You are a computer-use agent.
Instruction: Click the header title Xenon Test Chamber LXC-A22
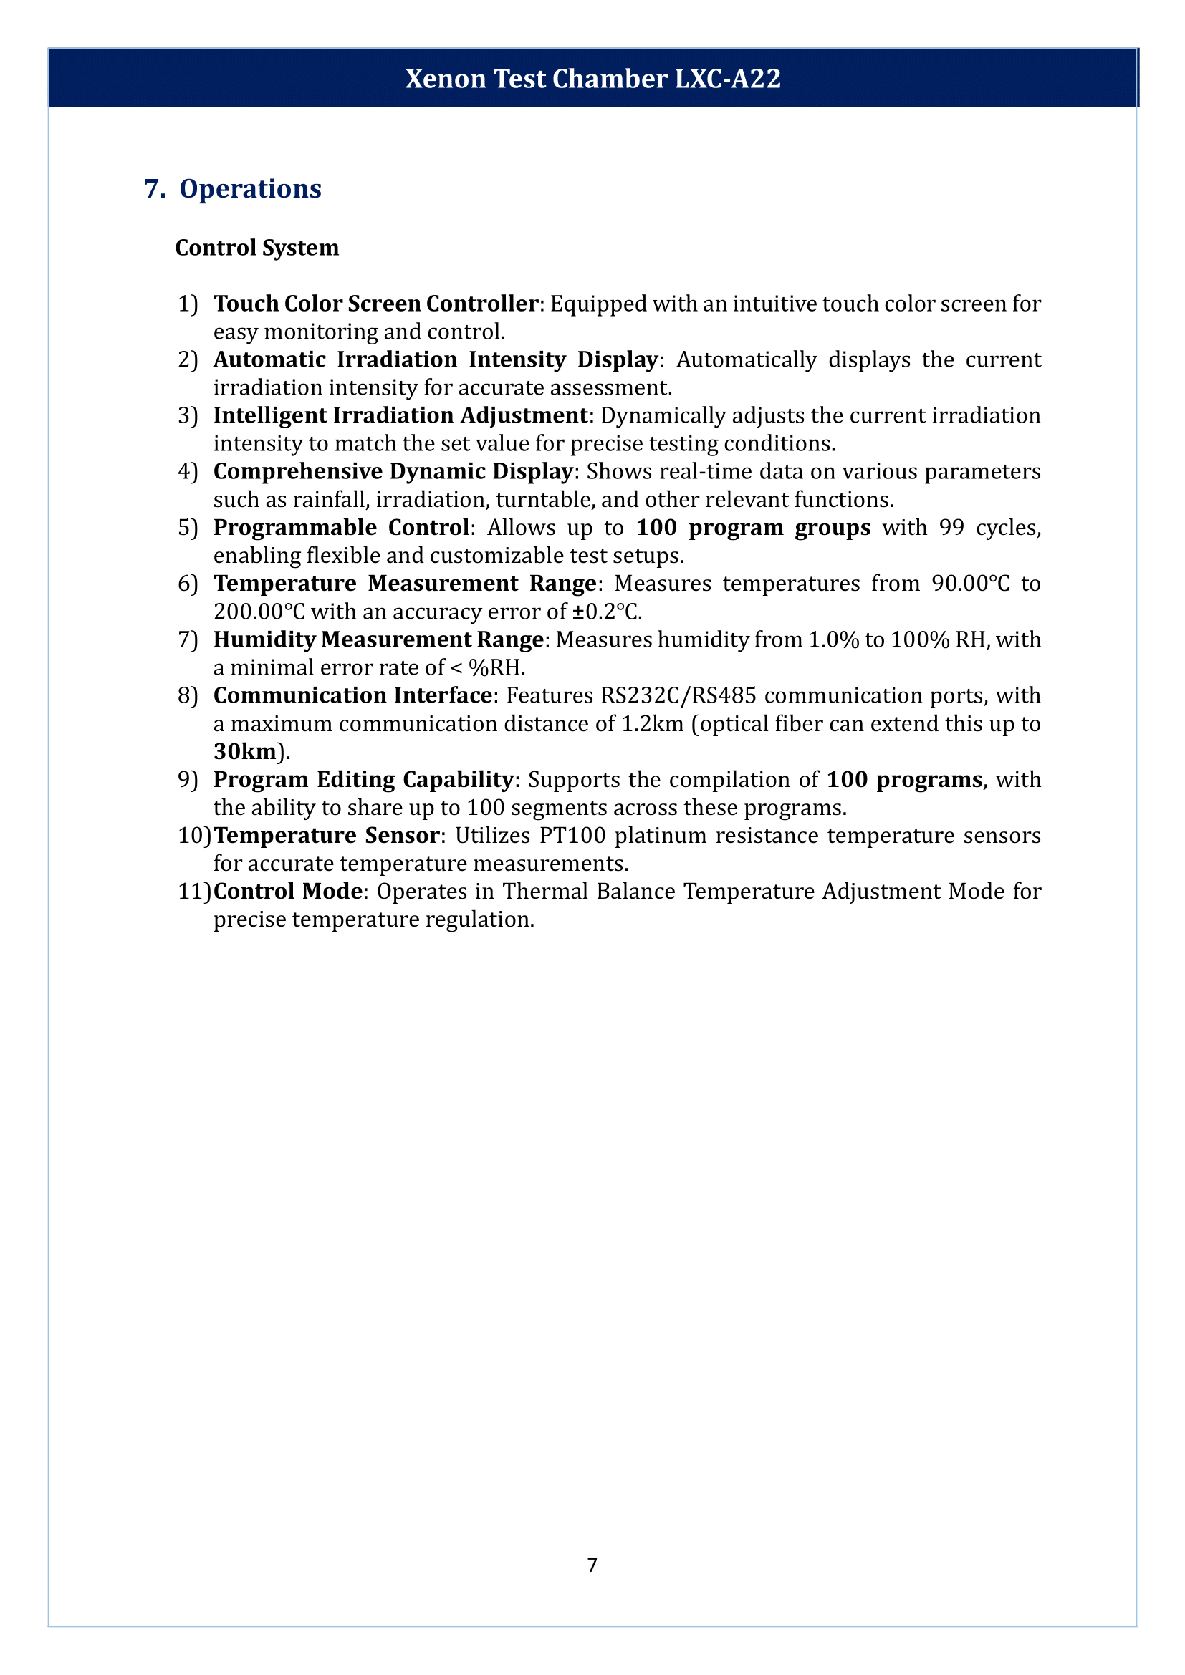click(592, 79)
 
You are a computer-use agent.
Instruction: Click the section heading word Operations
click(250, 189)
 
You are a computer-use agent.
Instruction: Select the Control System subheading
click(257, 248)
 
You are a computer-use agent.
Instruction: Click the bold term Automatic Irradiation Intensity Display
click(435, 359)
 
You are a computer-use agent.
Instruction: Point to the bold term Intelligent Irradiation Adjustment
click(400, 415)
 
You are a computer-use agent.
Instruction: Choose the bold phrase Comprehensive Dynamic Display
click(393, 471)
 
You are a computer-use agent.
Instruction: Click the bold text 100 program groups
click(753, 528)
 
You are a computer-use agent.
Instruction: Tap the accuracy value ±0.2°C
click(605, 612)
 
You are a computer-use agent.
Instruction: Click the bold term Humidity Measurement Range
click(378, 639)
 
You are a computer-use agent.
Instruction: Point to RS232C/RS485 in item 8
click(678, 696)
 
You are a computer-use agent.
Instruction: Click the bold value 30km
click(245, 751)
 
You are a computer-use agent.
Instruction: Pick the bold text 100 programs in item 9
click(904, 780)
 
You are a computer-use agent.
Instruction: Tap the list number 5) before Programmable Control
click(188, 528)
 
